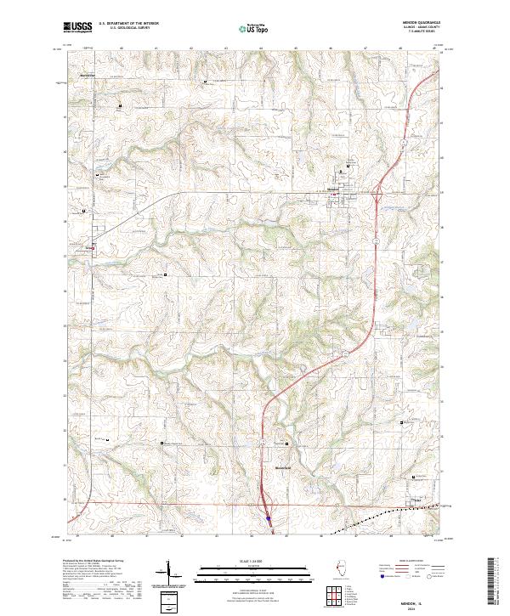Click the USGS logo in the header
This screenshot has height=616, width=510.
click(x=78, y=27)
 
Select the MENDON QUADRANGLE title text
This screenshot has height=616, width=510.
click(x=414, y=23)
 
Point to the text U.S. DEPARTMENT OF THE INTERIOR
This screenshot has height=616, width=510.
click(x=127, y=23)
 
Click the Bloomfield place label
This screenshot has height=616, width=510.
click(x=283, y=467)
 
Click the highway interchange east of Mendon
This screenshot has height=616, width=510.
click(x=377, y=197)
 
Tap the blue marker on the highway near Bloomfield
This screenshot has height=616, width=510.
click(x=268, y=517)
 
